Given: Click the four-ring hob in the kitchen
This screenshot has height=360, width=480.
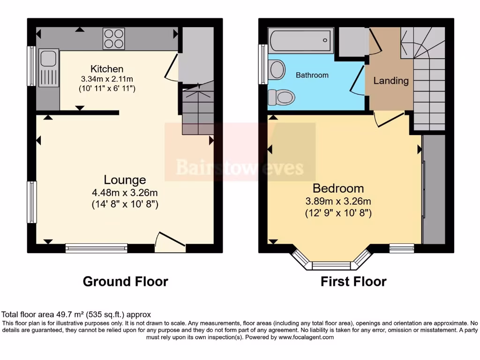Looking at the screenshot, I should [x=114, y=38].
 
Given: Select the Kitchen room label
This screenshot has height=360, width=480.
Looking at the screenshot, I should [x=107, y=69].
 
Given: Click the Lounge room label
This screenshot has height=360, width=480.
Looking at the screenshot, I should [x=125, y=180].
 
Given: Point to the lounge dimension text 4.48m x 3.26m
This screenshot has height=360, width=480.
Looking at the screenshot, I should [x=125, y=192].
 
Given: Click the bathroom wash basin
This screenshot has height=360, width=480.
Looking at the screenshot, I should [x=277, y=70].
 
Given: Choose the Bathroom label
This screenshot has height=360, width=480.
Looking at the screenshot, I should [x=312, y=75].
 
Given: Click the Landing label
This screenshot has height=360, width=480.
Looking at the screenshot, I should [x=390, y=81].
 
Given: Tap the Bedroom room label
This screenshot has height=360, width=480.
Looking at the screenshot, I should [x=338, y=188].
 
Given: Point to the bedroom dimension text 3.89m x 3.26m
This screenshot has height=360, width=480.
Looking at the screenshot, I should [x=338, y=202].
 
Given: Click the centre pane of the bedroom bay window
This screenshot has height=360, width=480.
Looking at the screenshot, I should [x=331, y=266].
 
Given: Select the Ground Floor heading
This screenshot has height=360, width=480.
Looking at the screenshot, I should [x=125, y=281].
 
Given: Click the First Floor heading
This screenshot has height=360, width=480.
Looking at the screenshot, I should [x=353, y=281].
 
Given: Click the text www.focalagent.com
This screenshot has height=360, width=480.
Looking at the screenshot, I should [x=306, y=337].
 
